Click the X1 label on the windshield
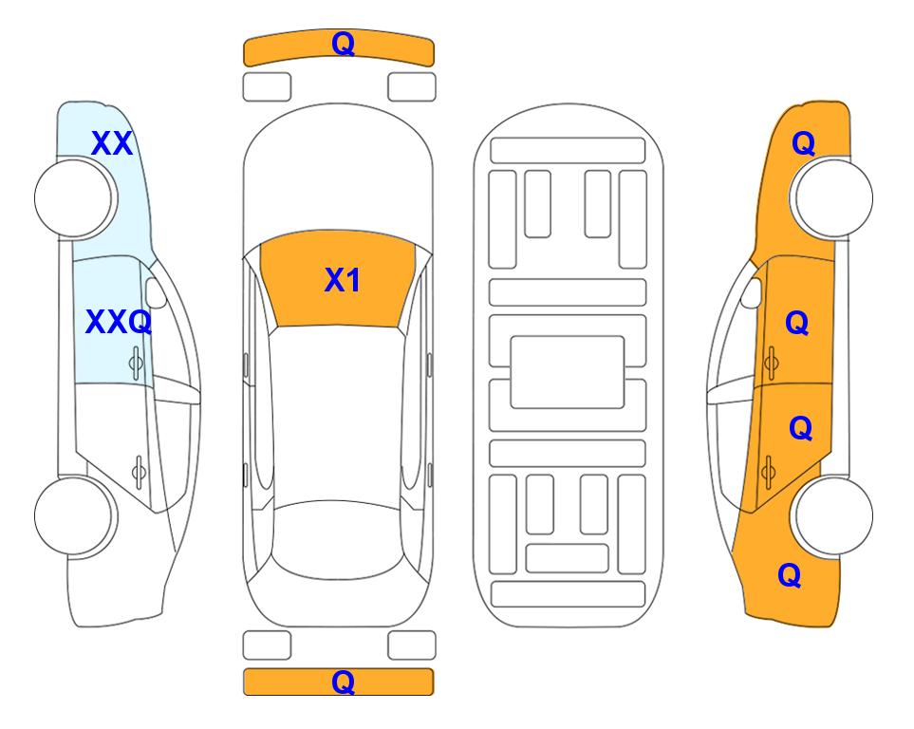(x=343, y=280)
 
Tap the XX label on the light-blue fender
(x=112, y=143)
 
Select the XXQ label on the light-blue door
(x=119, y=322)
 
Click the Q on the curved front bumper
(x=344, y=44)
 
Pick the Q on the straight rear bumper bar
(x=344, y=682)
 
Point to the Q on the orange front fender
(x=803, y=143)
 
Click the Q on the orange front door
(x=797, y=323)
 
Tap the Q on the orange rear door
(x=800, y=429)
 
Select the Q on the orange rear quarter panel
(x=790, y=575)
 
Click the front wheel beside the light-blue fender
(x=75, y=198)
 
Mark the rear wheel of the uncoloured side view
(x=75, y=515)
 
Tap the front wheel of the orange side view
(x=832, y=197)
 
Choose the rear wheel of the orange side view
(x=832, y=515)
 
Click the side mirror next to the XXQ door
(x=156, y=292)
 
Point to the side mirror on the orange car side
(x=751, y=292)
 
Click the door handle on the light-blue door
(x=136, y=364)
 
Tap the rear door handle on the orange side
(x=768, y=472)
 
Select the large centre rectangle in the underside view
(x=568, y=372)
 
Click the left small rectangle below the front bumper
(x=267, y=87)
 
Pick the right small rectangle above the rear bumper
(x=412, y=645)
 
